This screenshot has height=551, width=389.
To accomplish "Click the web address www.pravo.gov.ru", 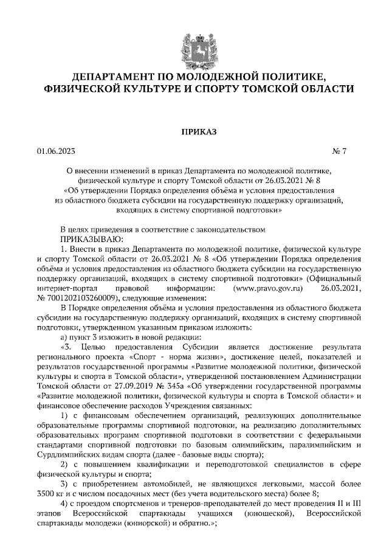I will (x=272, y=288).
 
